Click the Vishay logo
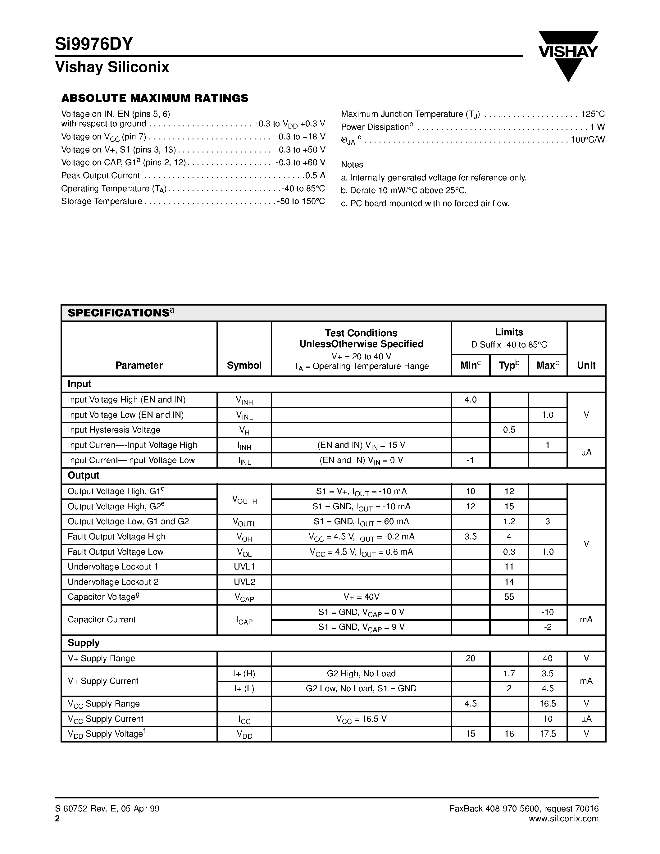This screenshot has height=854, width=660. coord(568,55)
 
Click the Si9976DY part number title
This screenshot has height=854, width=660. coord(94,44)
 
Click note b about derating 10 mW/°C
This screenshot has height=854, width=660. coord(403,190)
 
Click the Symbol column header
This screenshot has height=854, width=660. coord(244,365)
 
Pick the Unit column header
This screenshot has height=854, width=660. coord(586,365)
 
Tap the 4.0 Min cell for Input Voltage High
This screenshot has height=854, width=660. coord(470,400)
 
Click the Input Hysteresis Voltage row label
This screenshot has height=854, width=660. coord(114,430)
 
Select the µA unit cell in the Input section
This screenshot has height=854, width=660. coord(586,453)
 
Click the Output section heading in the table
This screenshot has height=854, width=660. coord(83,475)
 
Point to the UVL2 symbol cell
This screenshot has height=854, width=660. coord(244,582)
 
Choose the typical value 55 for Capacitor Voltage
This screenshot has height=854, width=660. coord(509,597)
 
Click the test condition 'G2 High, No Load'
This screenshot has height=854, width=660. coord(361,673)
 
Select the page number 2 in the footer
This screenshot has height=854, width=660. coord(57,819)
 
